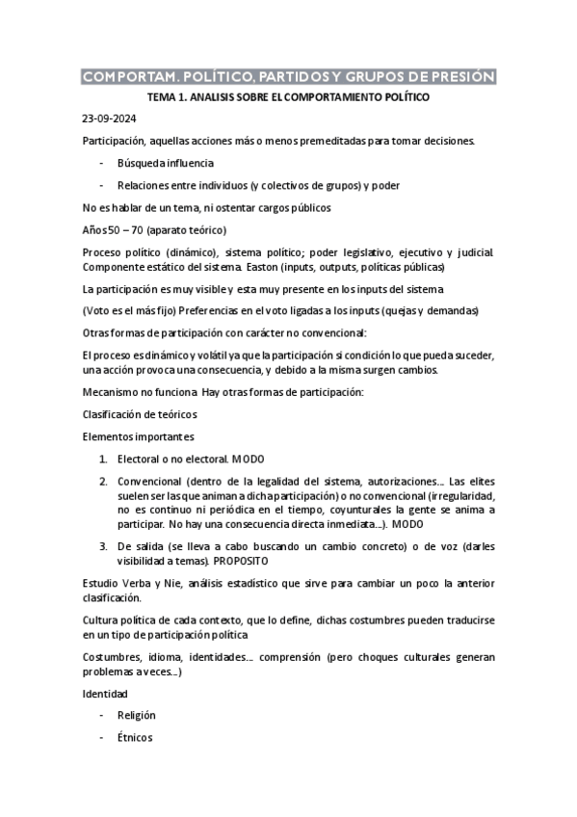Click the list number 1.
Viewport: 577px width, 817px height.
pyautogui.click(x=104, y=461)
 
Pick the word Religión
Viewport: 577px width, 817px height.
pyautogui.click(x=136, y=716)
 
